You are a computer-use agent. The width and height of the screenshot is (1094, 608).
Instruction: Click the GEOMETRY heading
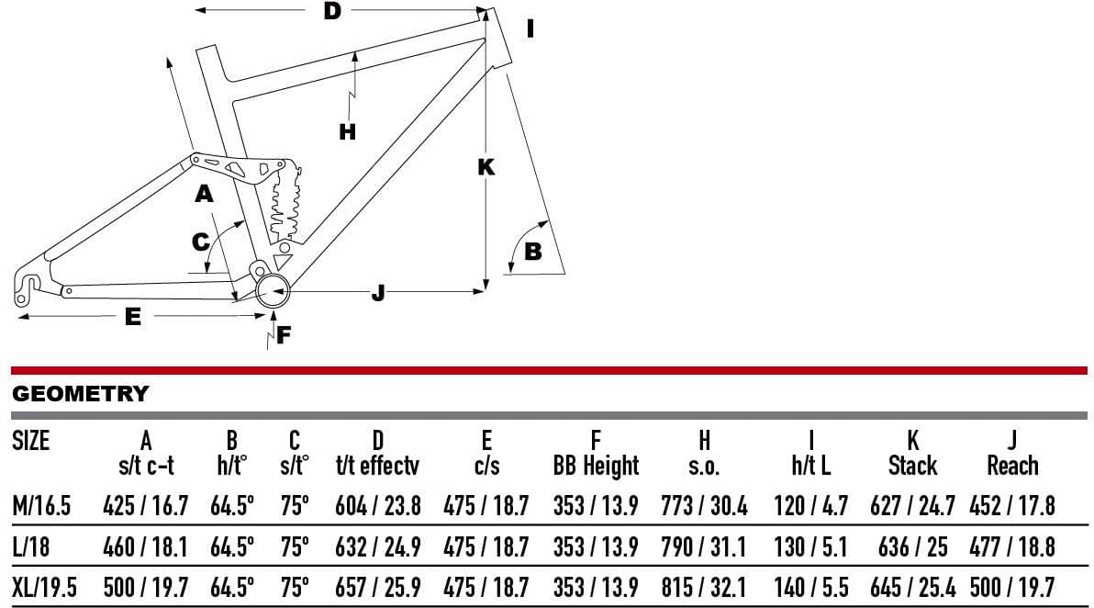80,394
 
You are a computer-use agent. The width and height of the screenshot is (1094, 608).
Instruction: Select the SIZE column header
30,441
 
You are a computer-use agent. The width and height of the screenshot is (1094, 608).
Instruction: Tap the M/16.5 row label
41,505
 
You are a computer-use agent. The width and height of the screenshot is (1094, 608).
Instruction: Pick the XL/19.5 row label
44,587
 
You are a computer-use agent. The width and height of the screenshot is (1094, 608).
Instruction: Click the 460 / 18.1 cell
146,546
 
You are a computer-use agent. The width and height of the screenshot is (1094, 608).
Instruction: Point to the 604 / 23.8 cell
377,505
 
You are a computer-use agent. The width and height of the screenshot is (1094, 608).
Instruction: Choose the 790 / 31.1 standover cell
704,546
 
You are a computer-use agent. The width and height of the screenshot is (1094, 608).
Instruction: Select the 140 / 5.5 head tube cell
810,587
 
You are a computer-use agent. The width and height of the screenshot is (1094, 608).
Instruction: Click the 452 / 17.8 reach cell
1012,505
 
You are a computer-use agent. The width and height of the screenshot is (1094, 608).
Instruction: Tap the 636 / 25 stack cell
912,546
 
